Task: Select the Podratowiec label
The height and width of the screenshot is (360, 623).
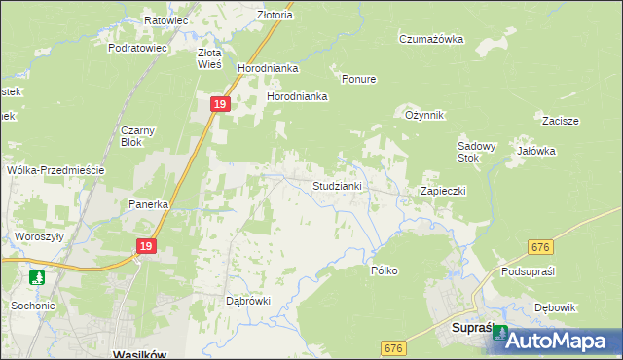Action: click(138, 47)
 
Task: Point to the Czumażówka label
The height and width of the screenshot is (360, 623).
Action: click(430, 39)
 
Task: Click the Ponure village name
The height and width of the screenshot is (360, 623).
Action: click(358, 79)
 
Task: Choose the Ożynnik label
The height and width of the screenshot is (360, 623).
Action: click(424, 115)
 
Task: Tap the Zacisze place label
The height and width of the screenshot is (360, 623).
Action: click(562, 121)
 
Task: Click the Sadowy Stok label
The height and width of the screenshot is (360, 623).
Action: click(477, 152)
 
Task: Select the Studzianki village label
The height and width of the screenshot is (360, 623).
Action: click(337, 185)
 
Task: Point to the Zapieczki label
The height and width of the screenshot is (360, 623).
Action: click(443, 191)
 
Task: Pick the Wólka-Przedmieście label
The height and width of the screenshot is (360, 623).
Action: click(55, 169)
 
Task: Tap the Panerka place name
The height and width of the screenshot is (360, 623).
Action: click(150, 204)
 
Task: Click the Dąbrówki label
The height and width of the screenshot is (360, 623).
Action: click(247, 301)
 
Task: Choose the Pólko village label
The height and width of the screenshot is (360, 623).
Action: click(385, 270)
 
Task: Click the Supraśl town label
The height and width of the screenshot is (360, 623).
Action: click(476, 329)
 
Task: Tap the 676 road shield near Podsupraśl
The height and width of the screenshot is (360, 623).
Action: click(542, 249)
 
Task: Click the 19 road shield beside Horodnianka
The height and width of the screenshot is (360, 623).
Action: click(220, 103)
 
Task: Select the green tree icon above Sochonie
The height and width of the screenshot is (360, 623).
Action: click(37, 277)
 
